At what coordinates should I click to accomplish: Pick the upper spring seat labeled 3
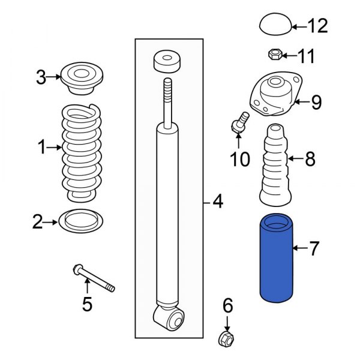82,79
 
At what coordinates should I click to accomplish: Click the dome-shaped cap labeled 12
275,26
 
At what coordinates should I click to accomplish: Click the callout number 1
41,147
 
